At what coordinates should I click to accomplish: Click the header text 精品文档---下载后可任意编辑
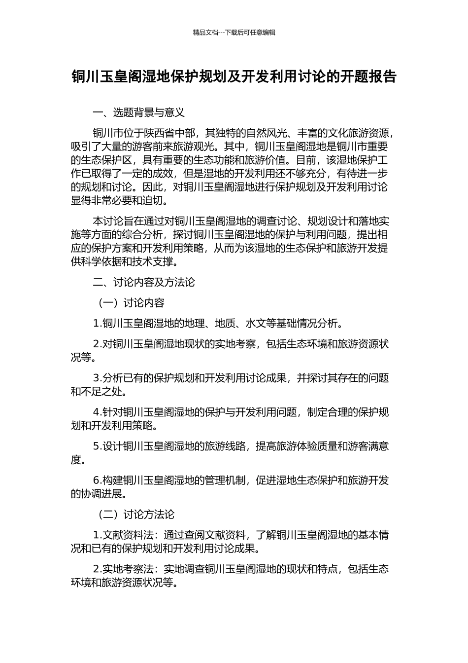234,33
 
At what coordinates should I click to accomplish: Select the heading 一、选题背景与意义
139,112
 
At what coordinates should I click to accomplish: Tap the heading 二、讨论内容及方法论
144,282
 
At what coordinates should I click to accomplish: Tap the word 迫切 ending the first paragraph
158,201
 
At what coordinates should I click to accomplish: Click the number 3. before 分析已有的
98,378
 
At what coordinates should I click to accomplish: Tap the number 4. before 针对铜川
98,412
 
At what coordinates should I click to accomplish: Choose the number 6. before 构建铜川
98,480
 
